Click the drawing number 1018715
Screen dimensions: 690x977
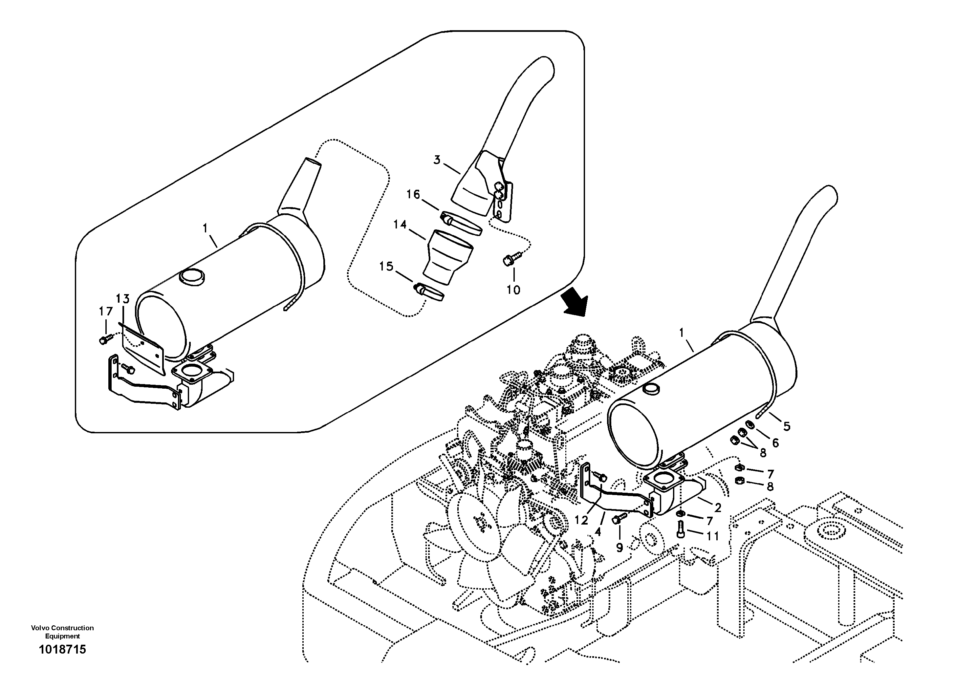tap(62, 650)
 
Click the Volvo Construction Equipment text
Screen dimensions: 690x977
tap(62, 632)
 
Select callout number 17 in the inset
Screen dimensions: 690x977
tap(106, 312)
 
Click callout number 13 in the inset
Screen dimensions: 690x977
tap(122, 299)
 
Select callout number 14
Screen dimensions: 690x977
tap(400, 224)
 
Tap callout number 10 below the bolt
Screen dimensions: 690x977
tap(513, 290)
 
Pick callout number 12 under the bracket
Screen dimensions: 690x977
tap(581, 520)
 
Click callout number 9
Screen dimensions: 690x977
tap(619, 548)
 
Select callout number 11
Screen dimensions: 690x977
tap(713, 536)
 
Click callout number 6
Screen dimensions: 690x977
tap(775, 443)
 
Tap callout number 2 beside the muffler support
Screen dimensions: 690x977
tap(718, 507)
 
